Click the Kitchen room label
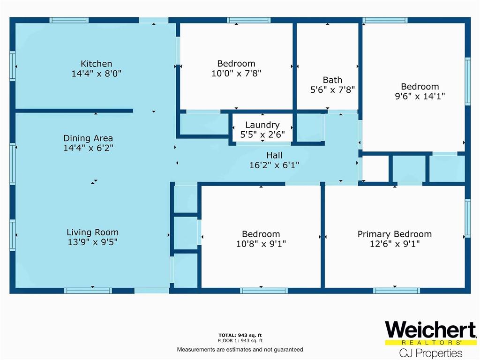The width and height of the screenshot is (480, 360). click(96, 64)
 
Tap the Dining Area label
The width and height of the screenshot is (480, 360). click(88, 138)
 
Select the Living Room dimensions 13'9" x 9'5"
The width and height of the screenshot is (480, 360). click(93, 242)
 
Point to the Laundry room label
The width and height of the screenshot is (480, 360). click(262, 125)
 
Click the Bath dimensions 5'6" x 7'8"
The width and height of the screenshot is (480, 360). click(333, 90)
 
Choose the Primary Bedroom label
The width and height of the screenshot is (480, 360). click(395, 234)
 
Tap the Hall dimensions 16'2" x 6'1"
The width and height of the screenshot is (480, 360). click(274, 165)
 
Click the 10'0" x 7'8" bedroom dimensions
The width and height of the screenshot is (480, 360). click(236, 74)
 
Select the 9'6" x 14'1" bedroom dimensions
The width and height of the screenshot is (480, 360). click(420, 96)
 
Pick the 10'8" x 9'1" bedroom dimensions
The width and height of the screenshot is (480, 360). click(261, 244)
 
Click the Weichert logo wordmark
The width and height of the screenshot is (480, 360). click(430, 330)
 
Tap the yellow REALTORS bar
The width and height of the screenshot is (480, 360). click(431, 342)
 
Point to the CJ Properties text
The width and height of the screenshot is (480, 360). click(431, 353)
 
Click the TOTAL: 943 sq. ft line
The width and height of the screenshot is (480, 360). click(240, 335)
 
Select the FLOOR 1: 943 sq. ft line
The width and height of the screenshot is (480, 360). click(240, 340)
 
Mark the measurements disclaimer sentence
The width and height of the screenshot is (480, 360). click(240, 349)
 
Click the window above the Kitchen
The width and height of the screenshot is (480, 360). click(69, 20)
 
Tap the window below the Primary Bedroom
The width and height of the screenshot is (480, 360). click(397, 291)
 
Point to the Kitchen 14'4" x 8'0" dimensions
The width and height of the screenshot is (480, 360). click(97, 74)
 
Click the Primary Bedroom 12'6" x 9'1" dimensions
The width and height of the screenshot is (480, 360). click(395, 244)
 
